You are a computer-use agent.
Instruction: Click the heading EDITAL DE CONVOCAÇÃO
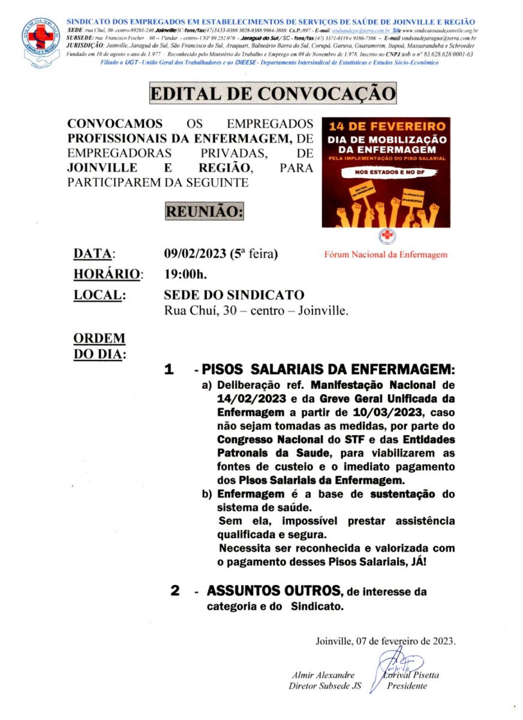pyautogui.click(x=272, y=94)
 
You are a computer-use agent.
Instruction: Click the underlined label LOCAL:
pyautogui.click(x=99, y=295)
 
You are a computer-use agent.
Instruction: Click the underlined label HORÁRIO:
pyautogui.click(x=108, y=274)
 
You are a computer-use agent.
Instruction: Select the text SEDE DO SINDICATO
pyautogui.click(x=234, y=295)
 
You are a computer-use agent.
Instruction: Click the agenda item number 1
pyautogui.click(x=170, y=370)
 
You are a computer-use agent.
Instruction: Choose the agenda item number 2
pyautogui.click(x=175, y=591)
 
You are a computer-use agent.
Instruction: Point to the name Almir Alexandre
pyautogui.click(x=323, y=675)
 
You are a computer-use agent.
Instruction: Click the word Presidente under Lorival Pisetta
pyautogui.click(x=407, y=686)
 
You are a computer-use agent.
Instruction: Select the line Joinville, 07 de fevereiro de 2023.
pyautogui.click(x=385, y=641)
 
